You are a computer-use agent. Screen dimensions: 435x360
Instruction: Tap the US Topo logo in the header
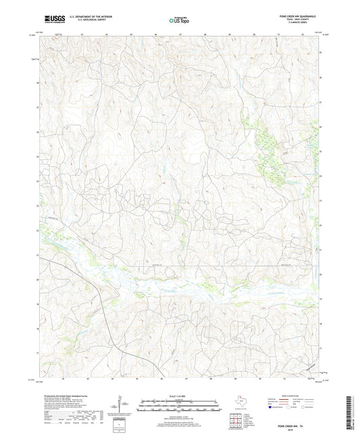tap(180, 21)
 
